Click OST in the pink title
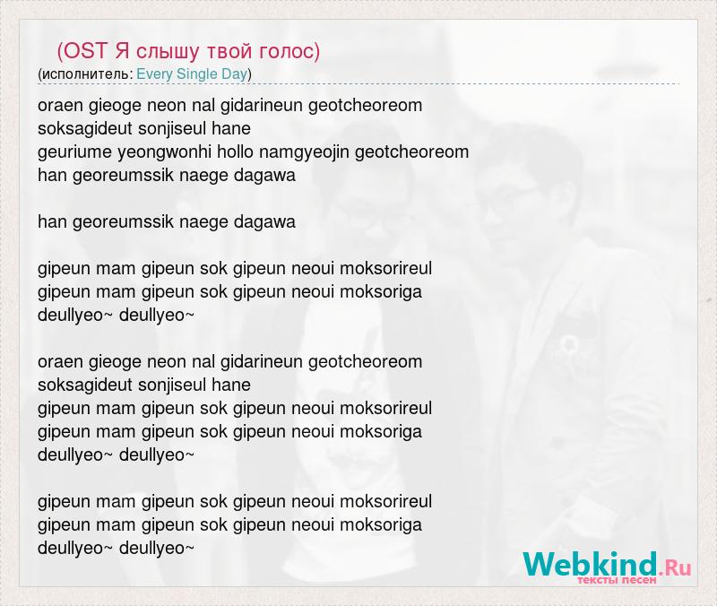tap(85, 51)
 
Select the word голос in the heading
tap(286, 51)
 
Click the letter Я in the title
tap(122, 51)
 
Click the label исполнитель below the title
tap(86, 74)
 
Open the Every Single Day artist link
tap(192, 74)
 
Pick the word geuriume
tap(75, 152)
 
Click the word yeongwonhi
tap(165, 152)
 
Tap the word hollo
tap(235, 151)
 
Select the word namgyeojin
tap(304, 152)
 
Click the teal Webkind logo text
tap(591, 564)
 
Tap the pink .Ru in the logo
tap(675, 567)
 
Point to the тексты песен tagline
tap(617, 580)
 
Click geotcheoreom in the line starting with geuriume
tap(411, 151)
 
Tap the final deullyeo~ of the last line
tap(157, 548)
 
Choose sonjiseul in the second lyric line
tap(172, 128)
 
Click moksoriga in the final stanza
tap(381, 524)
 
